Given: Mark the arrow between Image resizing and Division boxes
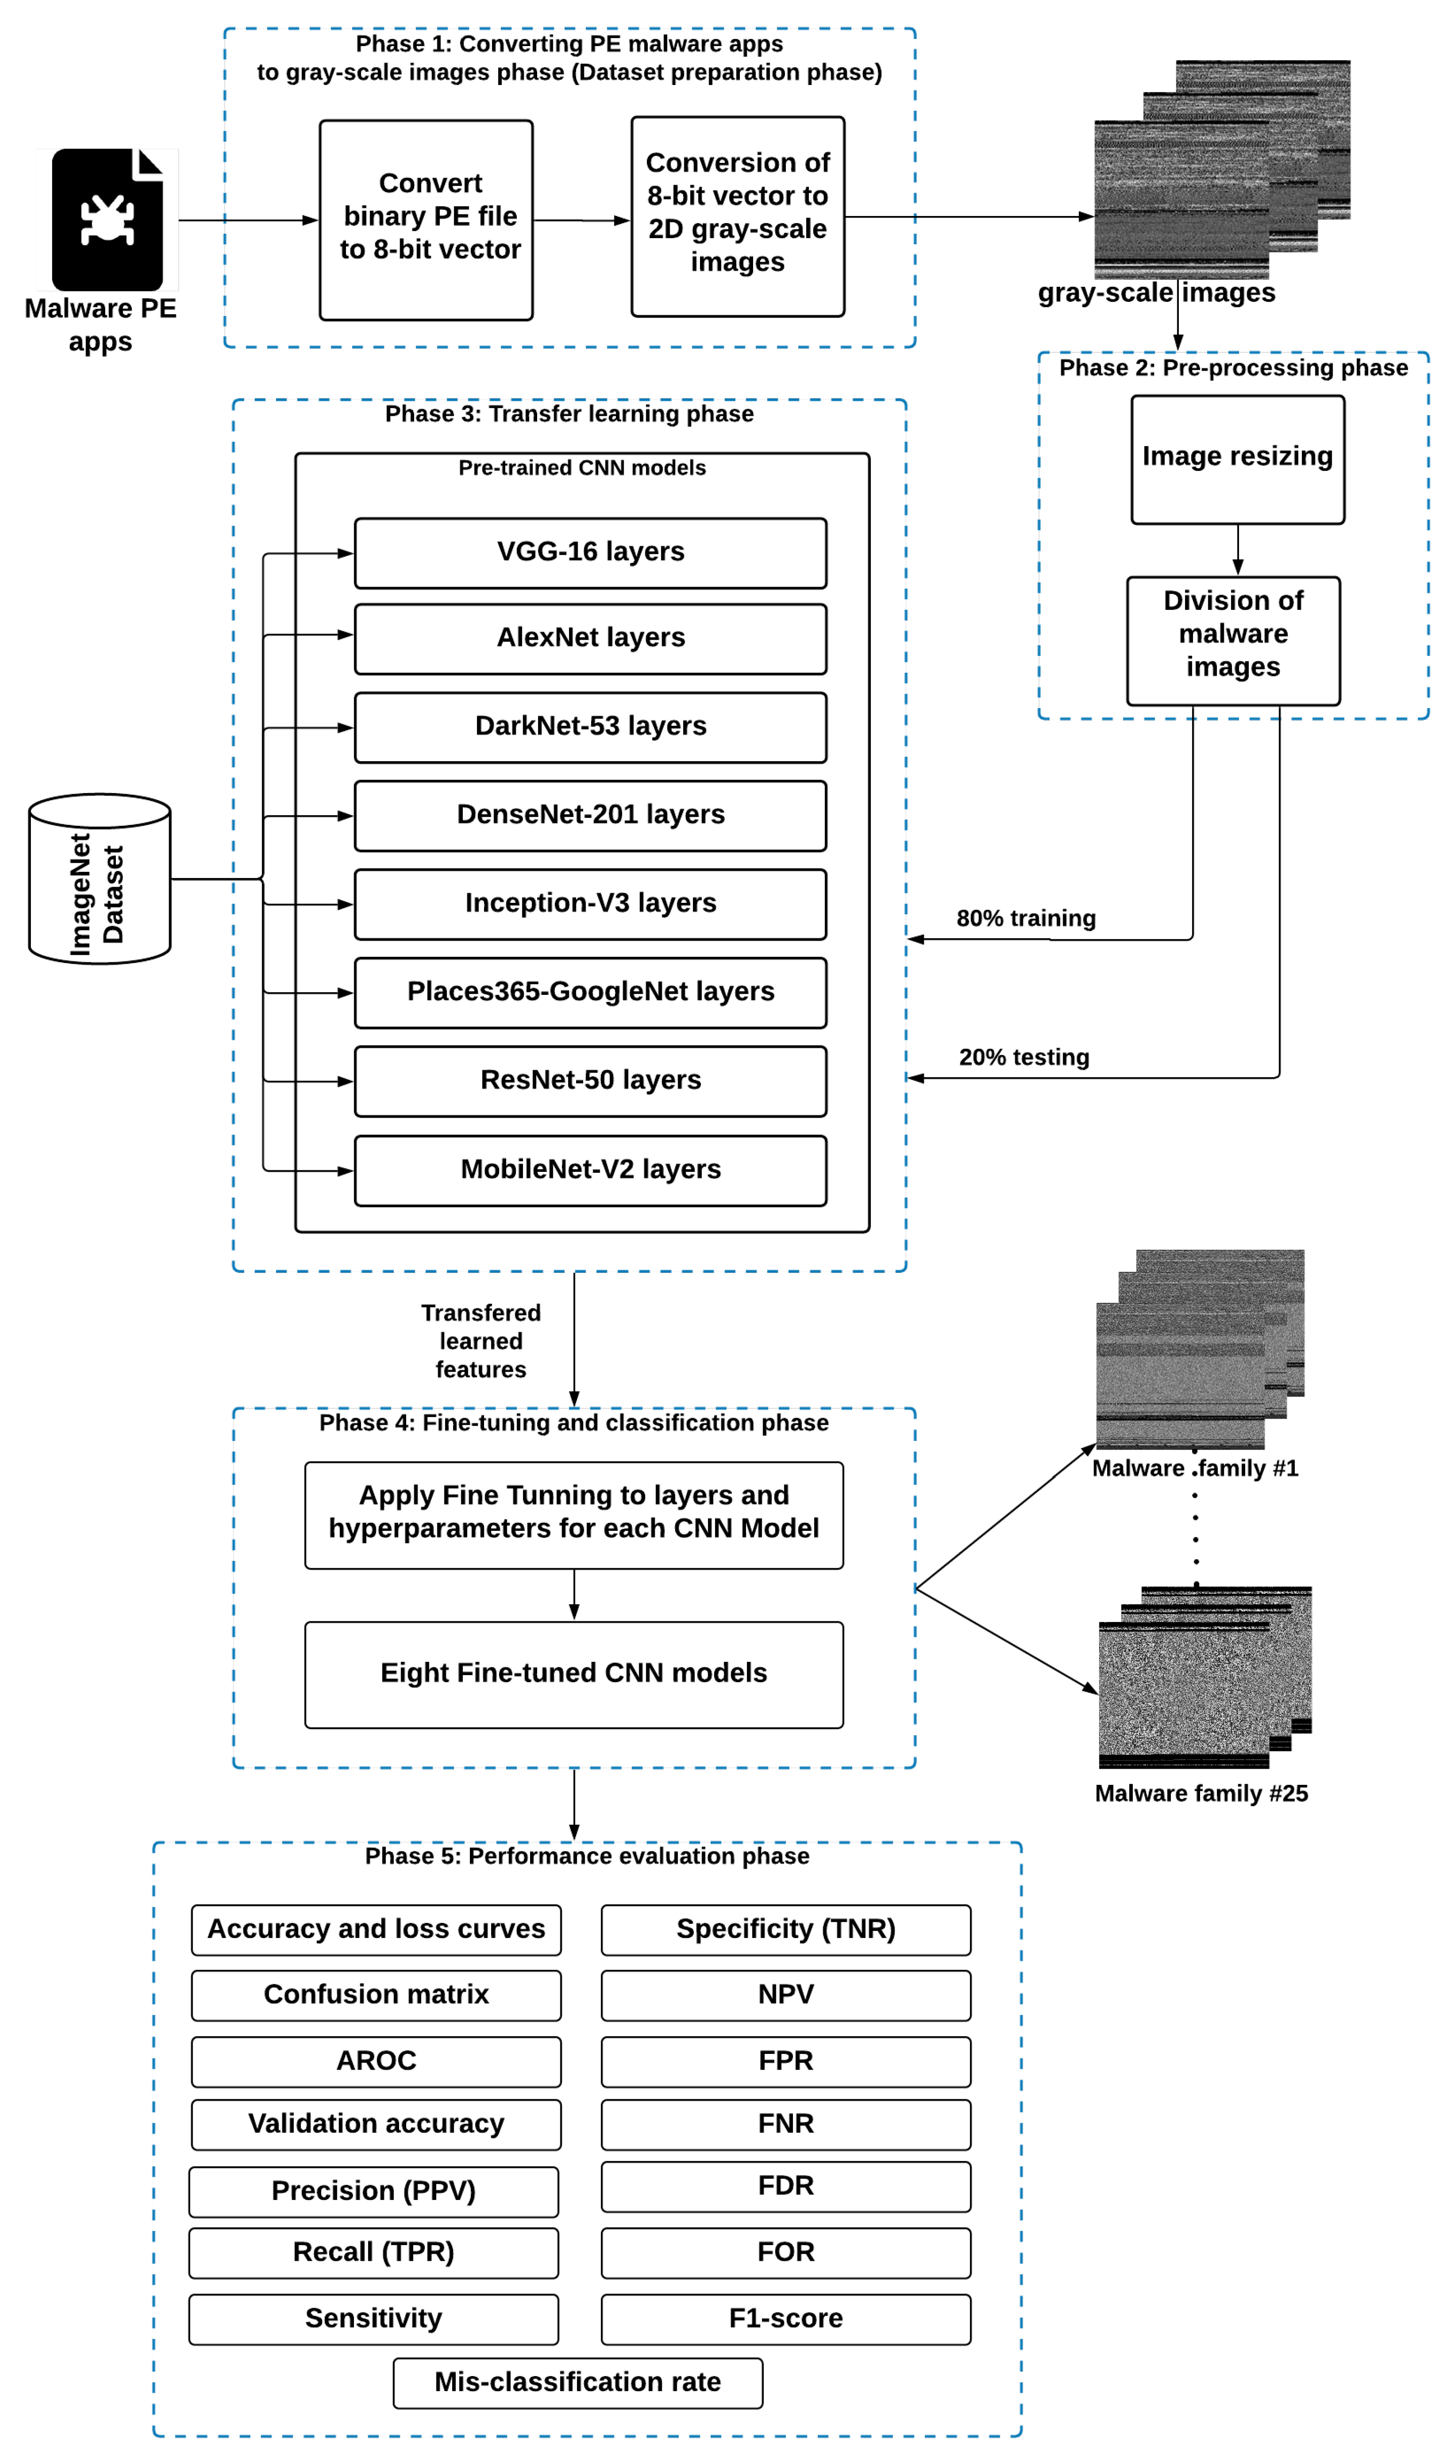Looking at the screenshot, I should point(1238,550).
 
